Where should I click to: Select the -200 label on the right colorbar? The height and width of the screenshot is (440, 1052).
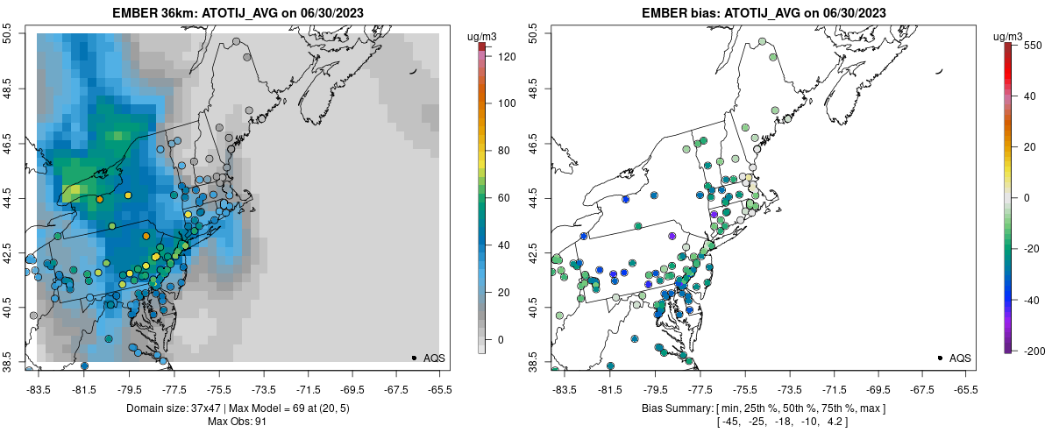tap(1033, 351)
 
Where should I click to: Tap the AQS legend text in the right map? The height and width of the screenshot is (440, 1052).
tap(960, 358)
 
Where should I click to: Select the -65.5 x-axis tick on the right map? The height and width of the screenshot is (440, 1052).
tap(965, 389)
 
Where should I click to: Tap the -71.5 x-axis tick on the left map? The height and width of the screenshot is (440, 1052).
tap(309, 389)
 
